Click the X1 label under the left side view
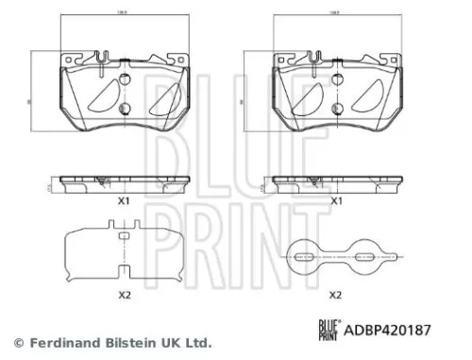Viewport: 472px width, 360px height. point(121,201)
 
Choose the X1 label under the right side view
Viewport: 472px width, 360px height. point(335,201)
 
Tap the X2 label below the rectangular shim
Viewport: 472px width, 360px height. point(121,295)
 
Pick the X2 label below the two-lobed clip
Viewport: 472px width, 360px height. point(335,295)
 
